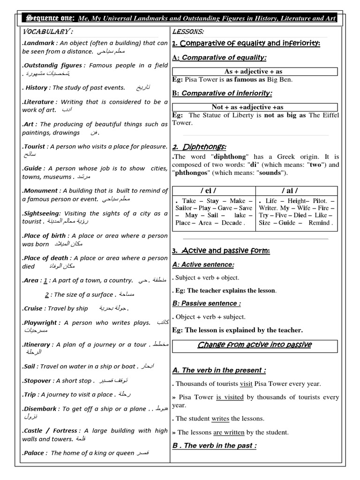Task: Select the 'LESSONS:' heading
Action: click(188, 31)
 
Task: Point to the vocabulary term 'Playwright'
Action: click(41, 322)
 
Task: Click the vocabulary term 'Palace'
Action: click(33, 453)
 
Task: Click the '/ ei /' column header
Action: click(214, 190)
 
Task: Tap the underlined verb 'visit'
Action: click(246, 383)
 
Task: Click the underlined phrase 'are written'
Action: click(224, 432)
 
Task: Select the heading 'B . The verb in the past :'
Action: click(214, 445)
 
